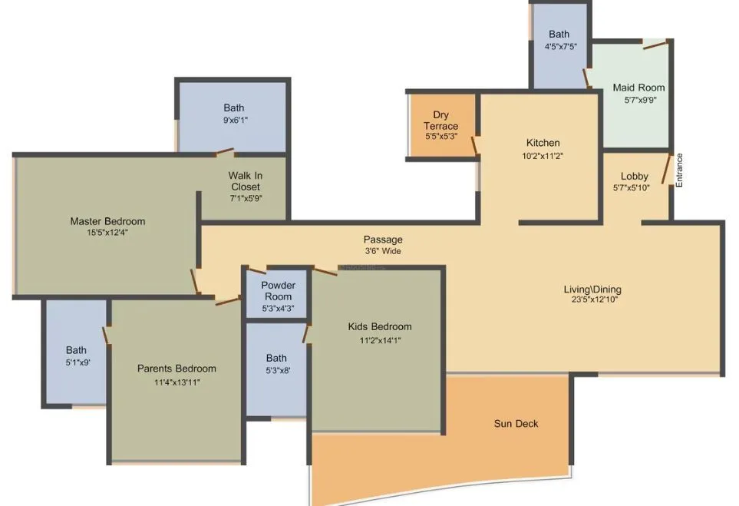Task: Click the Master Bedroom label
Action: pyautogui.click(x=107, y=221)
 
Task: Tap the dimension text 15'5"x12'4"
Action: pyautogui.click(x=107, y=233)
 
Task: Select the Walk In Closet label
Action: pyautogui.click(x=244, y=181)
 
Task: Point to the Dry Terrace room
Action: pyautogui.click(x=440, y=125)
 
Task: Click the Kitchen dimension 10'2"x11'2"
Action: pyautogui.click(x=543, y=156)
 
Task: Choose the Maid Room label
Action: pyautogui.click(x=638, y=88)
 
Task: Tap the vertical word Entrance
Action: pyautogui.click(x=679, y=170)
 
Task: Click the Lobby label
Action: pyautogui.click(x=634, y=177)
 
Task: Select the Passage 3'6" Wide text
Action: pyautogui.click(x=383, y=245)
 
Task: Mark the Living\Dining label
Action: pyautogui.click(x=592, y=289)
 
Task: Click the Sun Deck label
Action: pyautogui.click(x=516, y=423)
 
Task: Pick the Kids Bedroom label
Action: pyautogui.click(x=379, y=326)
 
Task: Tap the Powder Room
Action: pyautogui.click(x=278, y=292)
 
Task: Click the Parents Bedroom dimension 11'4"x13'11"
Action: pyautogui.click(x=177, y=382)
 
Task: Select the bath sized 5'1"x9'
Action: pyautogui.click(x=76, y=356)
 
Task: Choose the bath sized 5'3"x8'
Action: pyautogui.click(x=276, y=364)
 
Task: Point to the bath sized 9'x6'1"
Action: pyautogui.click(x=234, y=114)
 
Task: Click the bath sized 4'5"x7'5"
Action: pyautogui.click(x=559, y=40)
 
